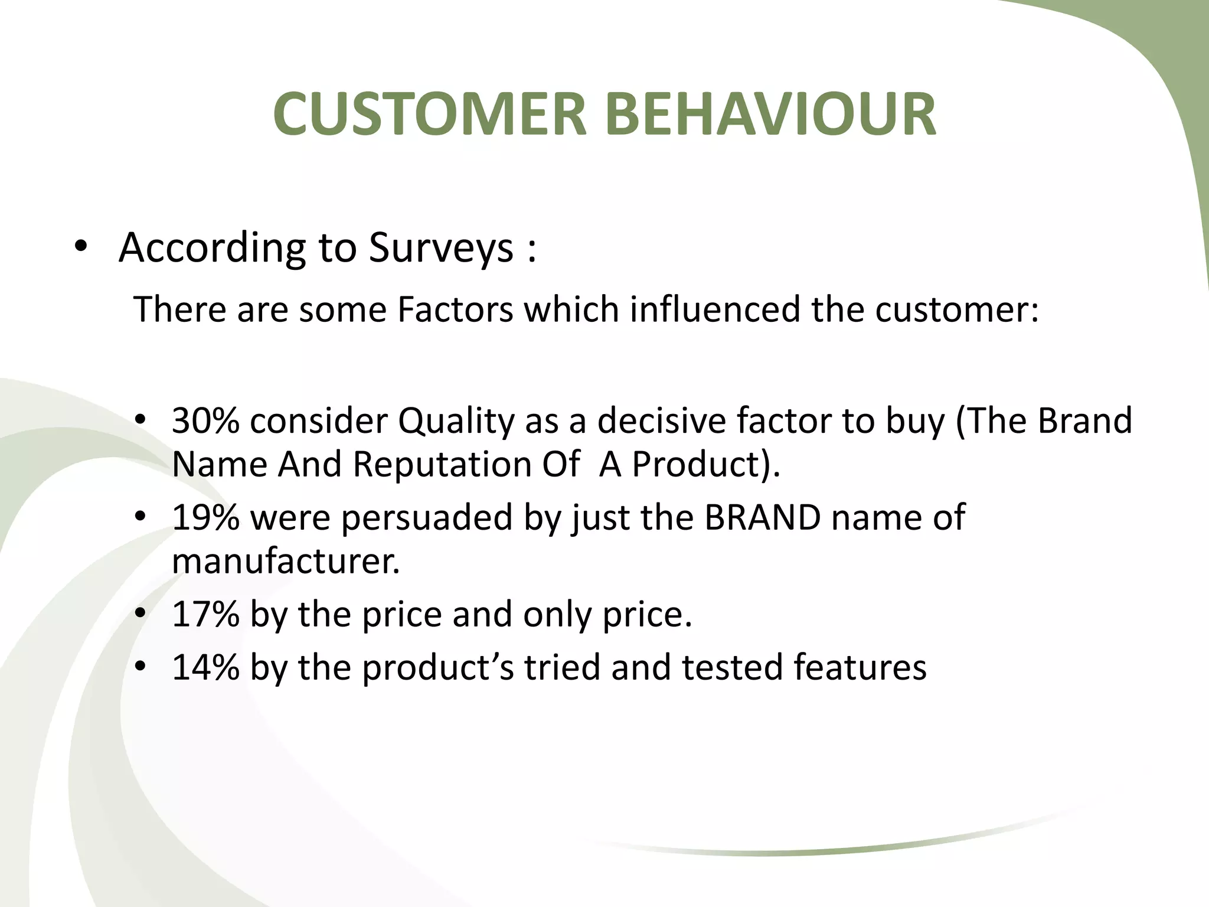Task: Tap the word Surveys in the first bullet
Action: tap(441, 248)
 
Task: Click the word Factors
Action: tap(455, 309)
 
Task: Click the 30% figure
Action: tap(205, 421)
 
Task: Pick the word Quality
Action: tap(456, 421)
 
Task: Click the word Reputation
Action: tap(442, 465)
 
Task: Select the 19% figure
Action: tap(205, 518)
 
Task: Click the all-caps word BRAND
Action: tap(762, 518)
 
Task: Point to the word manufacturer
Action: tap(286, 561)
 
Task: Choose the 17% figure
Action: tap(205, 615)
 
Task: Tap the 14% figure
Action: tap(205, 668)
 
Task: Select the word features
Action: tap(860, 668)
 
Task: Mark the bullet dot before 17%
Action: tap(140, 614)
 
